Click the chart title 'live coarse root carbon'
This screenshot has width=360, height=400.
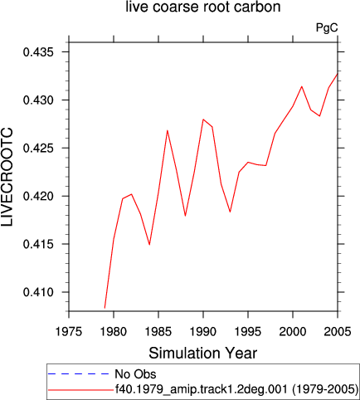pos(203,7)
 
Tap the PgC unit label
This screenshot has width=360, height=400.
pos(327,28)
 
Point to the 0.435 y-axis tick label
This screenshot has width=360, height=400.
pos(38,52)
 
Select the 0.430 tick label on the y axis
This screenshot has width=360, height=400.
pos(38,100)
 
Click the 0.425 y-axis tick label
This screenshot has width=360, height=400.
pos(38,149)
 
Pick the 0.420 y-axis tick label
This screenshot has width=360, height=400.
pos(38,196)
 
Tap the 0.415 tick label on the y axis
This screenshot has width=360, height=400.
pos(38,244)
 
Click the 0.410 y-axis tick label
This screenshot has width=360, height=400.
pos(38,292)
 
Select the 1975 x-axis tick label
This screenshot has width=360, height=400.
pos(69,331)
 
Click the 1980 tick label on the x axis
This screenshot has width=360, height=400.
pos(114,331)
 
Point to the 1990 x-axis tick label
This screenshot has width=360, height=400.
pos(203,331)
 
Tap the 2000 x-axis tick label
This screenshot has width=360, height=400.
pos(293,331)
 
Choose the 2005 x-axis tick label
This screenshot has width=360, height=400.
pos(338,331)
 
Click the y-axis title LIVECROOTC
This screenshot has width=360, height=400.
pos(7,177)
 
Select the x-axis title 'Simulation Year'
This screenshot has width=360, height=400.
pos(203,354)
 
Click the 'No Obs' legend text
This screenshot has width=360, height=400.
pos(135,374)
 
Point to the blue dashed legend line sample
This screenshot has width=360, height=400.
pos(79,374)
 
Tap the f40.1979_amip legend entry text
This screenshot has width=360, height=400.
pos(236,389)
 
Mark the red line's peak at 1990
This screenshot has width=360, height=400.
pos(203,120)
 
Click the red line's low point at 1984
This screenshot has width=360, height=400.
pos(149,245)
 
